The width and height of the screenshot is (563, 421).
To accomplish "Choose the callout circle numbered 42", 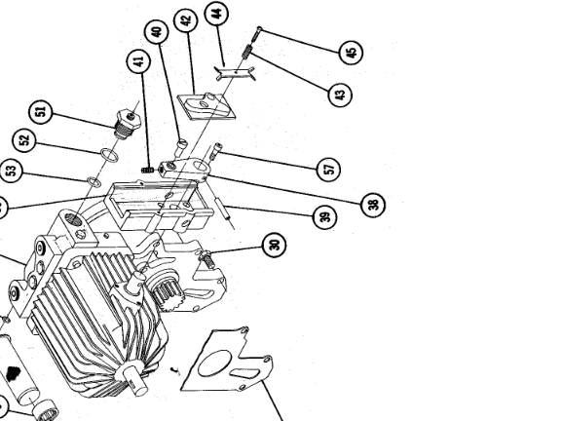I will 185,19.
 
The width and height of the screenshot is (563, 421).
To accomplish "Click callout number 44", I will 217,15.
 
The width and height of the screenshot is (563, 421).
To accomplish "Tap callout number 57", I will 328,168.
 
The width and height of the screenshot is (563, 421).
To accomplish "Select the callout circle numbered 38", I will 371,205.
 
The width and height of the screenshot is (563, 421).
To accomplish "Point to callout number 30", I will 277,245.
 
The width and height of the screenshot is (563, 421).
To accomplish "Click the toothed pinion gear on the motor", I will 161,290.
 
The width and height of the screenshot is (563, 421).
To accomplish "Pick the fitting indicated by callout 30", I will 209,259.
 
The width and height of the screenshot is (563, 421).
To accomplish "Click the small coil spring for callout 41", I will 149,169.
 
